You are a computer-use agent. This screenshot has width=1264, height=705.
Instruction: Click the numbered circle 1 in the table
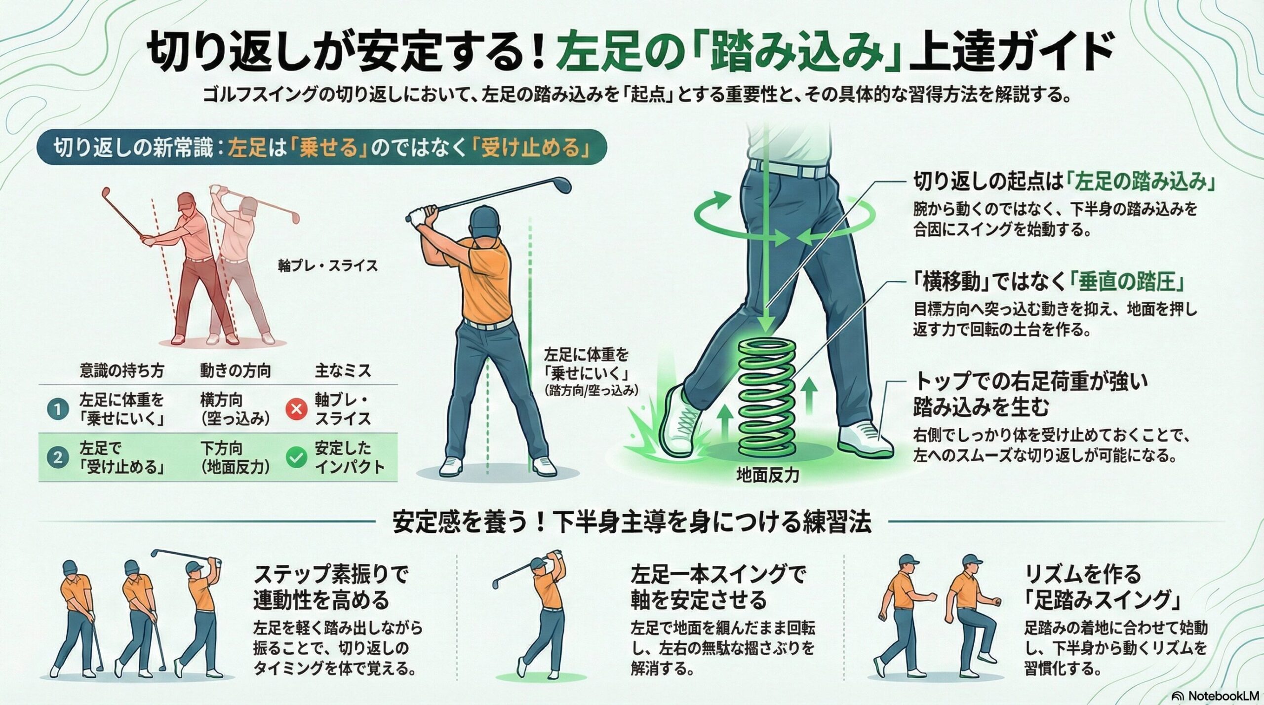click(58, 409)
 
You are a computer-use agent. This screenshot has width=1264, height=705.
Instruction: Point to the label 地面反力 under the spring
click(768, 475)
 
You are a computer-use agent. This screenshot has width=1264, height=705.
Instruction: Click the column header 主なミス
click(343, 371)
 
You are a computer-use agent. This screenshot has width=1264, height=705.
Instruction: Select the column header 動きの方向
click(236, 371)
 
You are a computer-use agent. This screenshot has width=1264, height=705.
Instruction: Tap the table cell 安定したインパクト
click(350, 458)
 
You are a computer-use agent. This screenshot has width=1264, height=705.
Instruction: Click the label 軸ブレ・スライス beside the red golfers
click(328, 266)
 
